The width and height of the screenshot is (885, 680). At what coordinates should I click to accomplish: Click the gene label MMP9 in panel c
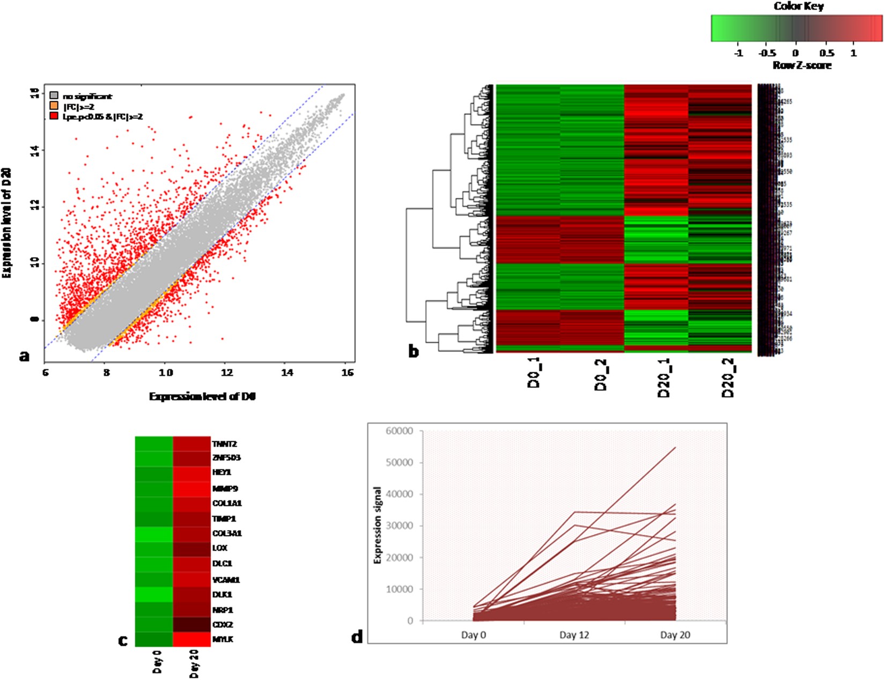point(225,489)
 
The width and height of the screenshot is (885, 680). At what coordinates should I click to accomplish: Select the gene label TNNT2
point(224,444)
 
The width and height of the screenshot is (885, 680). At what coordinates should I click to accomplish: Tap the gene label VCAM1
point(226,580)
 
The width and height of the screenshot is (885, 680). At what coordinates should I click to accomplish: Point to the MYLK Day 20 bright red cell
point(191,639)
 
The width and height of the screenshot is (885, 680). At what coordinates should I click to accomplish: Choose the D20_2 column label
point(728,378)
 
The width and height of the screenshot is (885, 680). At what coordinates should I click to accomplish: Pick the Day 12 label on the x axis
point(574,635)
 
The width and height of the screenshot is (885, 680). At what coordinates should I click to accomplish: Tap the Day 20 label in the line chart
point(675,635)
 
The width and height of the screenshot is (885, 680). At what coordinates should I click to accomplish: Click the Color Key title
point(798,6)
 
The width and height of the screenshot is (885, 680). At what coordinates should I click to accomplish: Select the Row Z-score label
point(802,65)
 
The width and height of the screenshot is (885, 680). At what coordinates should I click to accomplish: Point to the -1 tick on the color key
point(739,53)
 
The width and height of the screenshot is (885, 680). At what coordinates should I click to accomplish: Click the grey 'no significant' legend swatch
point(54,96)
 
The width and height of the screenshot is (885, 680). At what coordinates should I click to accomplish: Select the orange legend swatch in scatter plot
point(54,106)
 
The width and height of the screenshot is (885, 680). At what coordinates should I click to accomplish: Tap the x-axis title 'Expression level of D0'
point(202,396)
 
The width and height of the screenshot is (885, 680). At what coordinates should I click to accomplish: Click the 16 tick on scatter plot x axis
point(347,372)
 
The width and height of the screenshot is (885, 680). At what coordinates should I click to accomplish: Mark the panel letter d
point(357,637)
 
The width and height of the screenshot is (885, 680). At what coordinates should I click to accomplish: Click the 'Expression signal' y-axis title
point(378,525)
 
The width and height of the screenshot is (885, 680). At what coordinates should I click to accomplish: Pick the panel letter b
point(414,351)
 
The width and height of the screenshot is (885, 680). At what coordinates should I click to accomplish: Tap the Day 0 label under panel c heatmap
point(157,661)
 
